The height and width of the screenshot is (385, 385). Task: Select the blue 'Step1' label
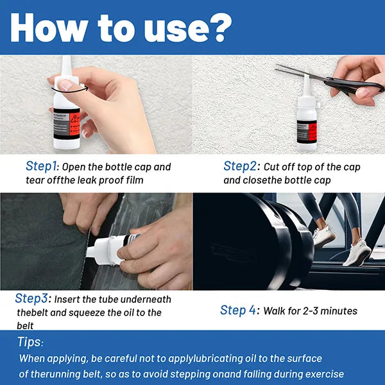click(41, 166)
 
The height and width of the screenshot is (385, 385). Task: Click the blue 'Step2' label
click(240, 166)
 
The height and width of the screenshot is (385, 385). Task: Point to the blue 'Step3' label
click(31, 298)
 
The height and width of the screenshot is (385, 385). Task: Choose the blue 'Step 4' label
click(238, 310)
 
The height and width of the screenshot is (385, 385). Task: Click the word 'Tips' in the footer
click(29, 342)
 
